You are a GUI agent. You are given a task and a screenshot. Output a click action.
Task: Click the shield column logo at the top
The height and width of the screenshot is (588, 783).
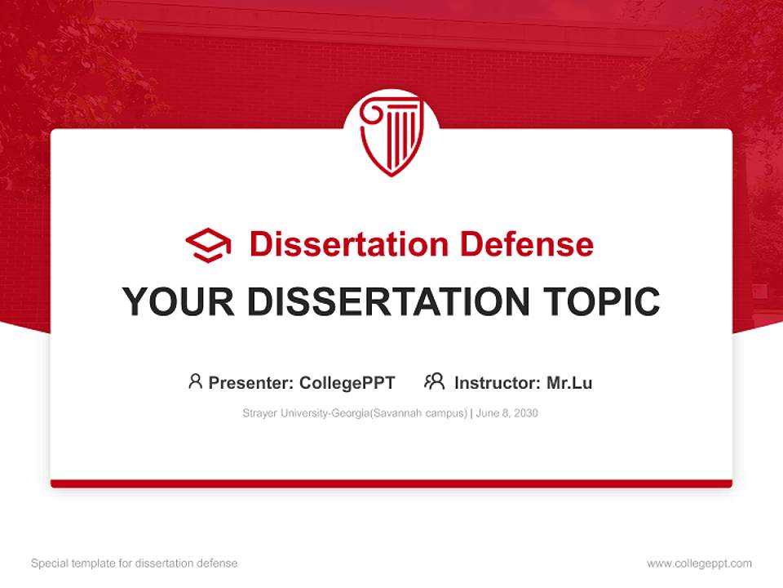point(391,135)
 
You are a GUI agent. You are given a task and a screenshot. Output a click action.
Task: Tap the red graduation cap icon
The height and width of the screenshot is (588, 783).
point(208,245)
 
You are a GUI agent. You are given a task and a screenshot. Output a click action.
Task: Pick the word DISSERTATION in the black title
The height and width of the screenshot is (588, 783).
point(387,302)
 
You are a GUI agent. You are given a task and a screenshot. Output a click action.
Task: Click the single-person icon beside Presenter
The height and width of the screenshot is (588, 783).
point(195,381)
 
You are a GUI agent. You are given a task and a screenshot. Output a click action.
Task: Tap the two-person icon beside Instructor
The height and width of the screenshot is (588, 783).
point(434,381)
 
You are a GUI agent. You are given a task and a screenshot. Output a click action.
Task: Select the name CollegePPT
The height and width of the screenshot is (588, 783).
point(347,383)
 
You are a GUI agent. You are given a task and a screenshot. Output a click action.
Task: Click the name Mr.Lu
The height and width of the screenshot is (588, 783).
point(569,383)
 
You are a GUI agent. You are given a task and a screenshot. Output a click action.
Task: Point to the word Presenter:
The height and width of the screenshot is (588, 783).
point(251,383)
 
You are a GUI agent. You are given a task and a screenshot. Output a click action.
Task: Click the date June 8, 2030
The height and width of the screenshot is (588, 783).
point(507,413)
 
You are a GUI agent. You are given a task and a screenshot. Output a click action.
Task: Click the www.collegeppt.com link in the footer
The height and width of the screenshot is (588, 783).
point(699,563)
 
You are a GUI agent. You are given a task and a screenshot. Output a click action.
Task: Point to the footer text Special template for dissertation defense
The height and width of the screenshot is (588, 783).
point(135,563)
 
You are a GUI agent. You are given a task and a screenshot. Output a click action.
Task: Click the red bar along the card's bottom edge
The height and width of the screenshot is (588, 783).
point(391,483)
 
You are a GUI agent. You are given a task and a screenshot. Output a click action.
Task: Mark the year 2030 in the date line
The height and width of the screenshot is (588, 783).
point(525,413)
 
